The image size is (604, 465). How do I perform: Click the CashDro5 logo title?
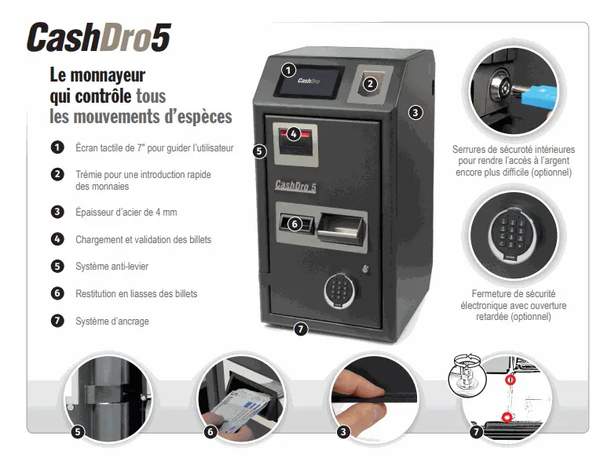click(99, 38)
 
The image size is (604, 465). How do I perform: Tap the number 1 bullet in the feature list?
click(57, 147)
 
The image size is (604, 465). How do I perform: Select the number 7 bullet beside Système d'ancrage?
click(57, 321)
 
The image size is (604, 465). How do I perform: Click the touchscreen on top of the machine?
click(309, 82)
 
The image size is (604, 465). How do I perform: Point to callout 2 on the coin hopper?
click(370, 83)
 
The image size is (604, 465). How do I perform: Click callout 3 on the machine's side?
click(415, 113)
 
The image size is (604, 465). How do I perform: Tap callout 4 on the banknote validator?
click(294, 134)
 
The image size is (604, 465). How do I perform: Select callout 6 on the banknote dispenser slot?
click(295, 223)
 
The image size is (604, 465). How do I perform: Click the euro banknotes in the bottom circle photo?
click(240, 408)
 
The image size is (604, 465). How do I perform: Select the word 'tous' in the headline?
click(151, 96)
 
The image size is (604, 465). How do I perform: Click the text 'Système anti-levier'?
click(112, 266)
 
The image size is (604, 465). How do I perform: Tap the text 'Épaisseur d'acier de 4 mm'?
click(126, 212)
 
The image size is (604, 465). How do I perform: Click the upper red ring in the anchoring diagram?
click(511, 380)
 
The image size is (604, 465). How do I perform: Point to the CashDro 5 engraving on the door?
click(295, 186)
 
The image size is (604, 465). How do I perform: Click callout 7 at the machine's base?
click(301, 329)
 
